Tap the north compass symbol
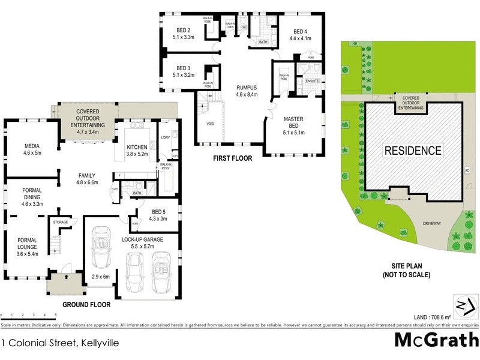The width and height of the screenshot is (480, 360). pos(461,305)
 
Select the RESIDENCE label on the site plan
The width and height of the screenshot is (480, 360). pos(413,151)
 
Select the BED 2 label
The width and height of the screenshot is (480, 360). pos(183,31)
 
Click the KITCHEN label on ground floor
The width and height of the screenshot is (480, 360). pos(137,148)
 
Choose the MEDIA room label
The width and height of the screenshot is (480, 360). pos(32,146)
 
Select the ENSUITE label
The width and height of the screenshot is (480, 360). pos(312,80)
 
